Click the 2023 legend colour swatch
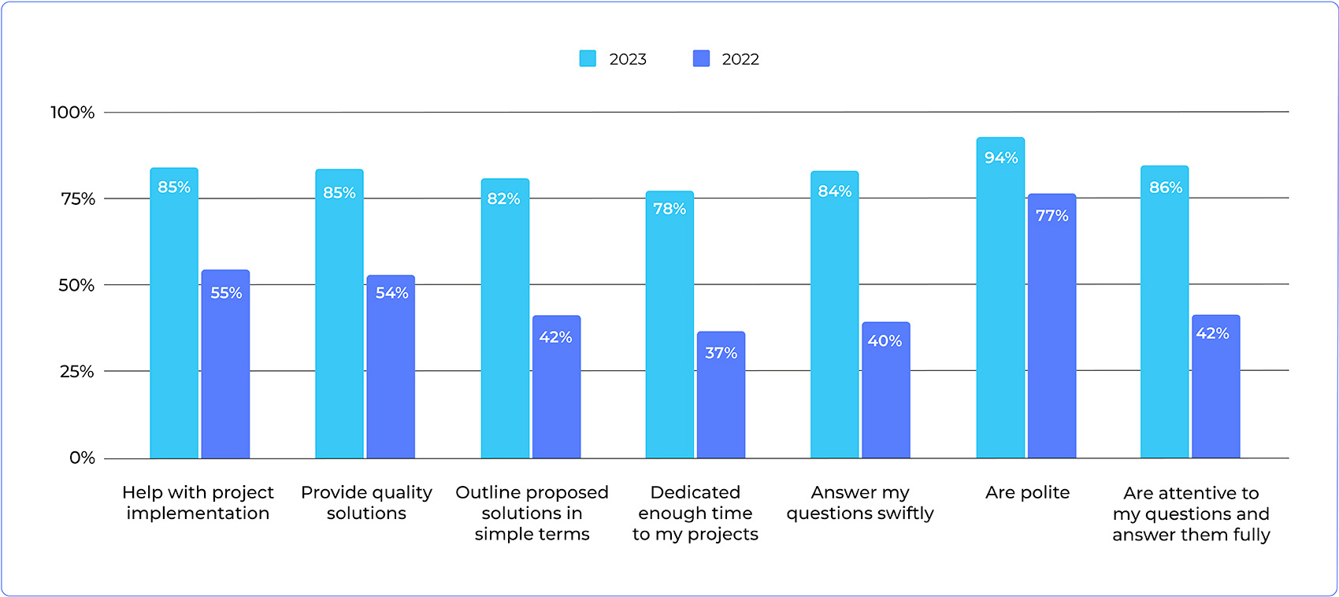coord(588,59)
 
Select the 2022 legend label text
coord(740,59)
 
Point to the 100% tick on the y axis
coord(72,113)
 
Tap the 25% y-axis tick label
coord(76,372)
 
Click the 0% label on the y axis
coord(82,458)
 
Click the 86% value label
coord(1165,187)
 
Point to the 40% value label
coord(885,341)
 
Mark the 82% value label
coord(503,199)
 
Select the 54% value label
coord(391,293)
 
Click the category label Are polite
coord(1027,493)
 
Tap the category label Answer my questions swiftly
coord(860,502)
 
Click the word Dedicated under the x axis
coord(695,493)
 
